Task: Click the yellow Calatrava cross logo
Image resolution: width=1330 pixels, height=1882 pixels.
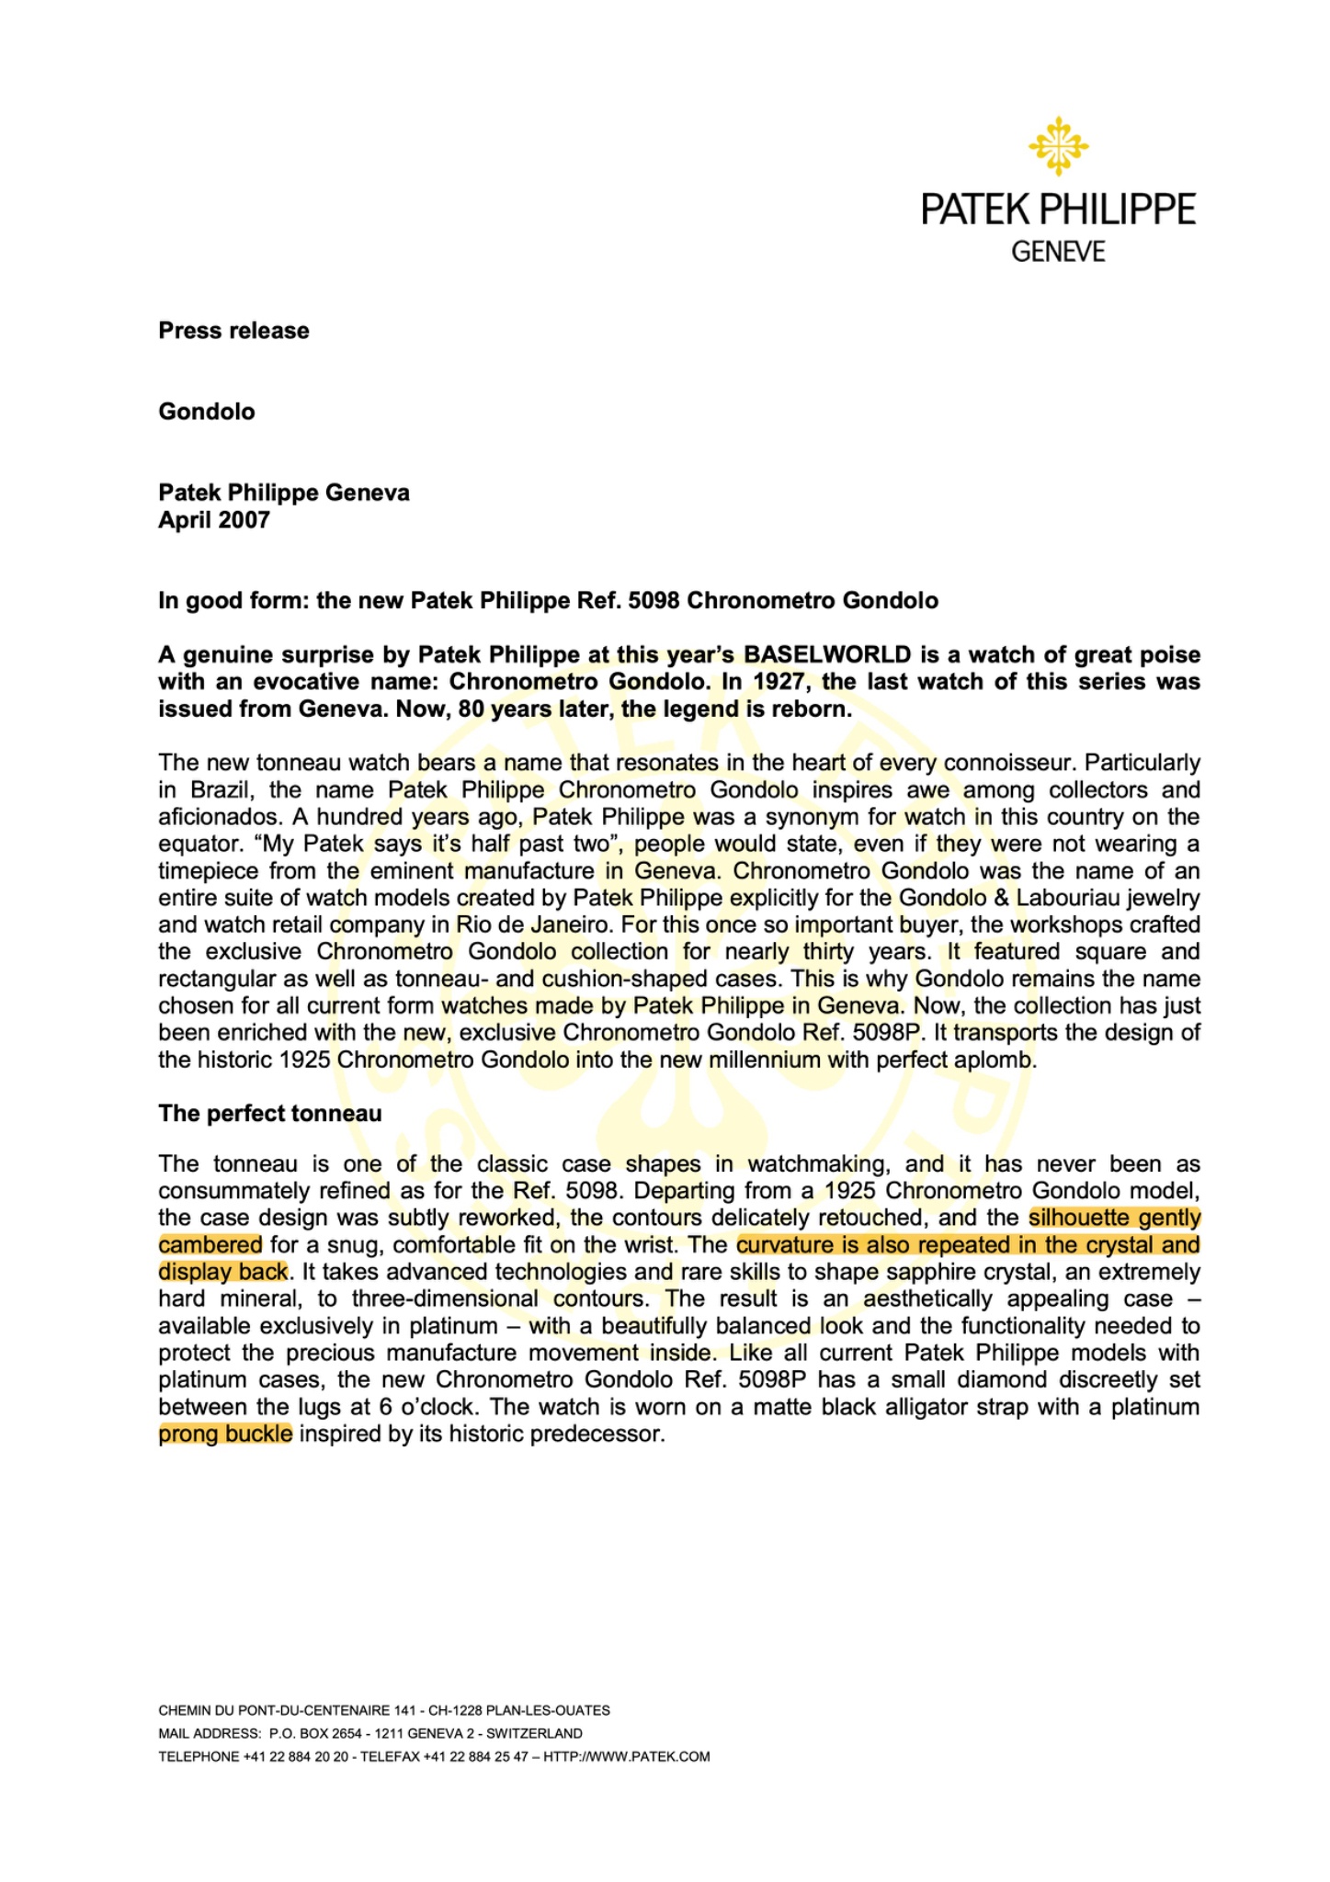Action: (1058, 146)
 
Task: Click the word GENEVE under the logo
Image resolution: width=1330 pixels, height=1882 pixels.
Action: (1058, 252)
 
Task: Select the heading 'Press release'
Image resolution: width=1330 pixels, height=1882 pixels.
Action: (233, 331)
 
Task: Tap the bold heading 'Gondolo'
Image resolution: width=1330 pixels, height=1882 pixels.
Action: (207, 411)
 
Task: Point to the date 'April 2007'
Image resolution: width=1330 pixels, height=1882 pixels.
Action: (214, 520)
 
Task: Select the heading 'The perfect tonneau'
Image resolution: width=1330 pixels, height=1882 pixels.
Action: (269, 1114)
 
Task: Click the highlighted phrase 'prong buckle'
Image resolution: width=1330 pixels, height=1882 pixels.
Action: (225, 1434)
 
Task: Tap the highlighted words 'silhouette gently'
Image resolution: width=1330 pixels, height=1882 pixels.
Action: (1114, 1218)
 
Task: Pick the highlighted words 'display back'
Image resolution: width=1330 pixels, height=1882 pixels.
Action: (223, 1272)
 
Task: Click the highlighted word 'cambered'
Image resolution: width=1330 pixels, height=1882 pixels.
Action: (210, 1245)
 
